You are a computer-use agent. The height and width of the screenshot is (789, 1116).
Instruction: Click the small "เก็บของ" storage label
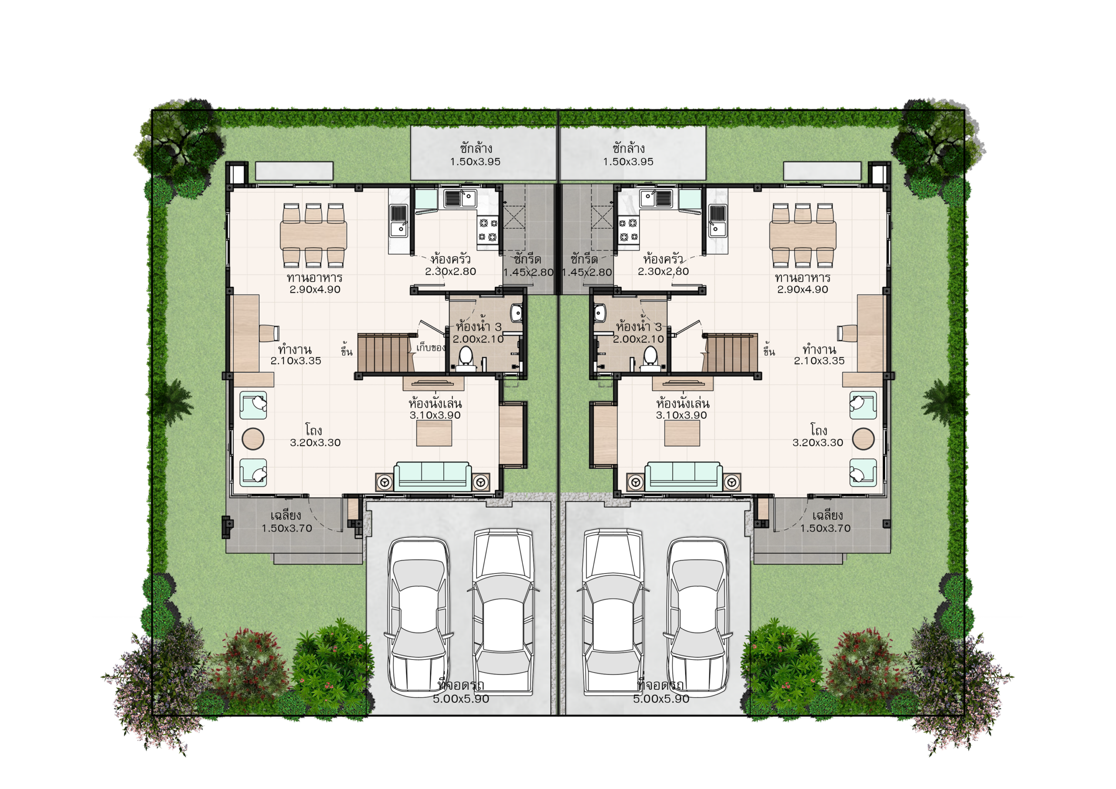[x=431, y=347]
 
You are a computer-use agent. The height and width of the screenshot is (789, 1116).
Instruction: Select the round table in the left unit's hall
[x=253, y=439]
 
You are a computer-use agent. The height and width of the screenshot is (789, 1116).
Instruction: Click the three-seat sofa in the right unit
[x=684, y=476]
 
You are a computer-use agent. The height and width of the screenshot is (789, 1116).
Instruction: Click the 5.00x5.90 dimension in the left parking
[x=461, y=699]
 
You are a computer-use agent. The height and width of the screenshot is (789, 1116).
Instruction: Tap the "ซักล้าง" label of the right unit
[x=629, y=148]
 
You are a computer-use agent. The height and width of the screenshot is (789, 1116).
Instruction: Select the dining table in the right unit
[x=803, y=235]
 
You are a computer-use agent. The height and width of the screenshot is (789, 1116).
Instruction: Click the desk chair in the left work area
[x=269, y=333]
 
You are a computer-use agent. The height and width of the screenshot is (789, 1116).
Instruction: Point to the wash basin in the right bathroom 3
[x=599, y=313]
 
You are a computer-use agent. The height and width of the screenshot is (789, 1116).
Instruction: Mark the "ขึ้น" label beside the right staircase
[x=769, y=351]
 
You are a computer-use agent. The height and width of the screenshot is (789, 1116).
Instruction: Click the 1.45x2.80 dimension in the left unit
[x=528, y=272]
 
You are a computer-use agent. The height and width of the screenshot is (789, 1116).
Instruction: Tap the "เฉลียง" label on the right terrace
[x=827, y=515]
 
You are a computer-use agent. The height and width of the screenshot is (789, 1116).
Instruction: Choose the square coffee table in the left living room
[x=434, y=433]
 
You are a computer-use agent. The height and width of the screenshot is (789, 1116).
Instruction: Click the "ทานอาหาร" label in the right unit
[x=803, y=278]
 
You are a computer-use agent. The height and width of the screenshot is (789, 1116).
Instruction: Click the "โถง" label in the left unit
[x=314, y=430]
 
